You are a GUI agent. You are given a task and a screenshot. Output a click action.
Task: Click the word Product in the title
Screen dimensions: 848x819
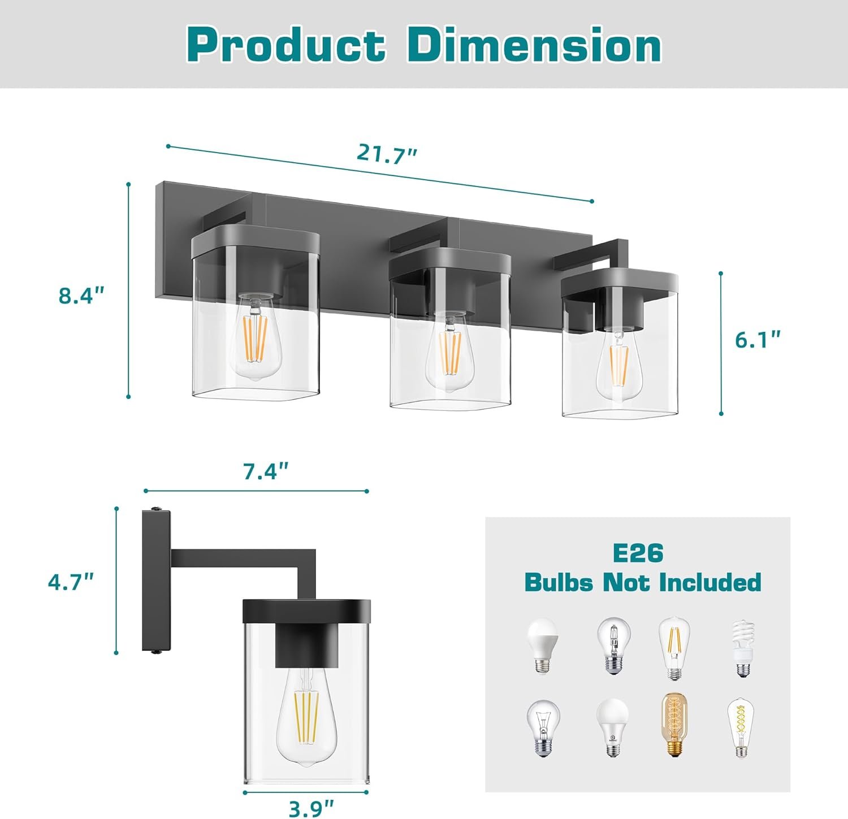[x=285, y=45]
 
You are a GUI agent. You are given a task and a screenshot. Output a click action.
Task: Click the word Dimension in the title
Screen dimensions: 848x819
[x=534, y=45]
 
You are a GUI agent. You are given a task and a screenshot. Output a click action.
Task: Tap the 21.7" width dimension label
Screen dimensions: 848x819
[x=387, y=154]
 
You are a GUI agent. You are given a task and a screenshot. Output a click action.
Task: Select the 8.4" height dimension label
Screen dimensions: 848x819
[x=81, y=296]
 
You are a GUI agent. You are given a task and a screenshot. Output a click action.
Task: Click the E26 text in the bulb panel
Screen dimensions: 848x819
[x=638, y=553]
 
